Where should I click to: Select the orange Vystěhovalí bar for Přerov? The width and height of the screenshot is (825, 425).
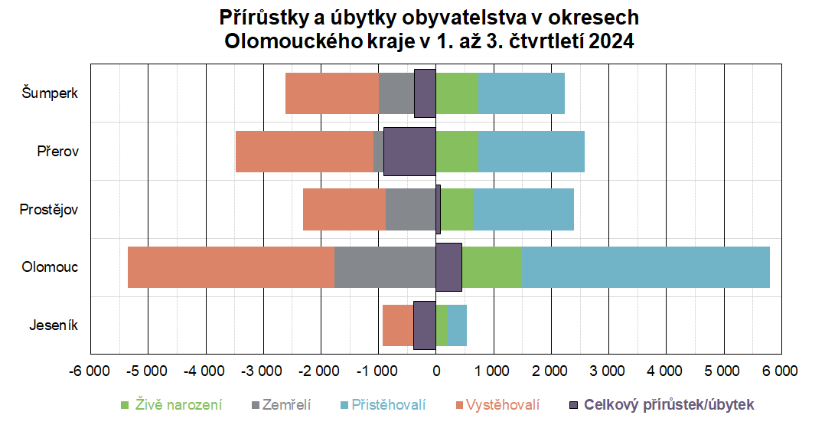coord(304,151)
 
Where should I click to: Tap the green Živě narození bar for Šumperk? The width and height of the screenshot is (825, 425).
coord(457,93)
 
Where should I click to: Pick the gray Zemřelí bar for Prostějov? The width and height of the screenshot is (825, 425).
coord(410,209)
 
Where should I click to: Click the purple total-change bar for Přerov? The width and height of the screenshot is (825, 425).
coord(409,151)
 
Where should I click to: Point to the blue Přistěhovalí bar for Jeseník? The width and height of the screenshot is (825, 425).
coord(457,325)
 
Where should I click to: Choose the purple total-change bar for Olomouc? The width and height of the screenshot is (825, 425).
coord(448,266)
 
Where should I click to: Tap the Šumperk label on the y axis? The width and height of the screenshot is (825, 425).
coord(50,93)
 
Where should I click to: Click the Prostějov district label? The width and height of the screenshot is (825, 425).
coord(49,209)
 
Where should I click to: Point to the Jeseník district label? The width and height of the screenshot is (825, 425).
coord(54,325)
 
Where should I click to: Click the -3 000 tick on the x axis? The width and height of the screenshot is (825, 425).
coord(262,371)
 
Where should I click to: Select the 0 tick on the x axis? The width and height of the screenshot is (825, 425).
coord(436,371)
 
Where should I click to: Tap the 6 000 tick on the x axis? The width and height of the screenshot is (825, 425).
coord(780,371)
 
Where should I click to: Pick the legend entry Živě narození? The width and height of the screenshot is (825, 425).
coord(178,404)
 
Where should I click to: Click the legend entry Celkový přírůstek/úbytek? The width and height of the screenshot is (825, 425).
coord(668,404)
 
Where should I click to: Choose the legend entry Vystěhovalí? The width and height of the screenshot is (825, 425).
coord(503,404)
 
